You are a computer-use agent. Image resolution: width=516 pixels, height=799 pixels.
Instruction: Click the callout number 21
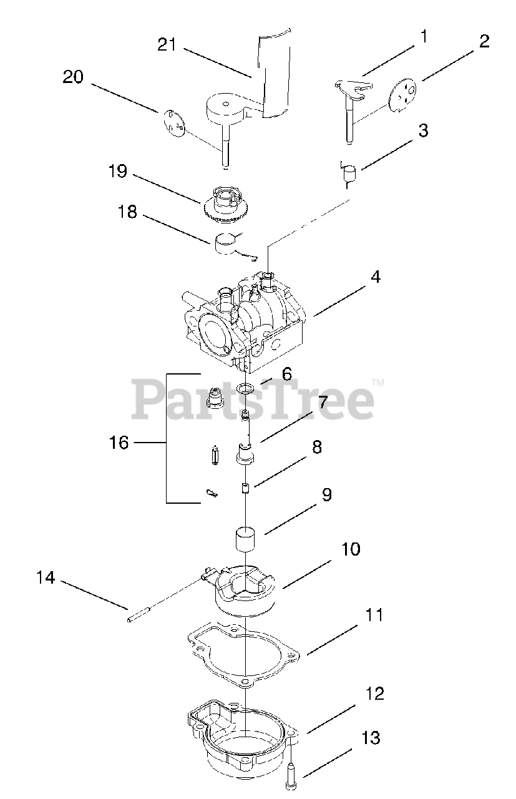(167, 45)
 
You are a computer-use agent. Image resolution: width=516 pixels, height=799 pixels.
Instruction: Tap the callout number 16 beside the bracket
(119, 443)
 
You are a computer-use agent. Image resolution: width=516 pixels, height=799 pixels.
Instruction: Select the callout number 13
(371, 738)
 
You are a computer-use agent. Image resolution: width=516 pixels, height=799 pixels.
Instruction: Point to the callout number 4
(375, 276)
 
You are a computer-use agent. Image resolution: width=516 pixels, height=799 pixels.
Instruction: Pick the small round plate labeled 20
(174, 122)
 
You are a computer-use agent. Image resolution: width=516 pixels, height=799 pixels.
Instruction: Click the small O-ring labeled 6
(247, 390)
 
